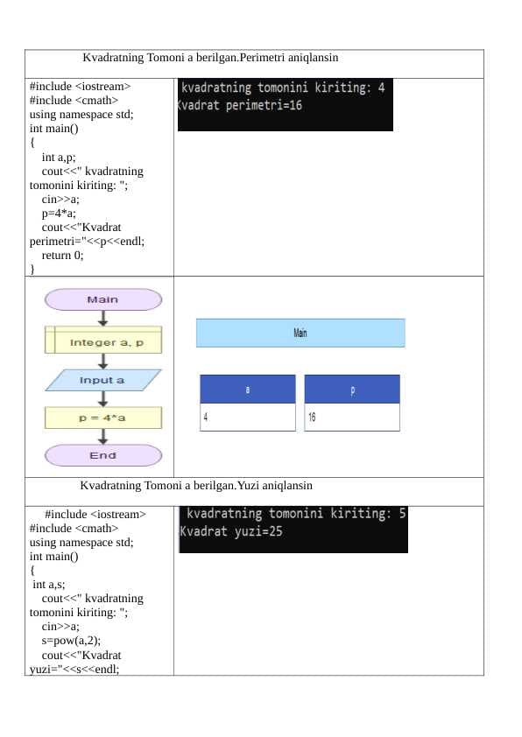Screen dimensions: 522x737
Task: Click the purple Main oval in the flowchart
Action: click(x=103, y=299)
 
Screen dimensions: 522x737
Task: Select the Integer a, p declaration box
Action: click(x=103, y=340)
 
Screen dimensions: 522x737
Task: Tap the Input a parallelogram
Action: click(x=103, y=380)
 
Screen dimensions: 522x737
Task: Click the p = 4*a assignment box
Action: click(x=103, y=418)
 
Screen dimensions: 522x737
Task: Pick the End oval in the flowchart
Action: click(x=103, y=455)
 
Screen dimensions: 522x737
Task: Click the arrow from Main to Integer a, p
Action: click(x=103, y=319)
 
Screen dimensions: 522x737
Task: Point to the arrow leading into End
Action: click(x=103, y=436)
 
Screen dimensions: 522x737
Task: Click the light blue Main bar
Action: click(x=300, y=333)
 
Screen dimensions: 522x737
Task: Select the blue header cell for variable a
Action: click(x=248, y=389)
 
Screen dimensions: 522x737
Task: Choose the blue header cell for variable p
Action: click(x=352, y=389)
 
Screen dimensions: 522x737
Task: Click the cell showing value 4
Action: click(x=248, y=417)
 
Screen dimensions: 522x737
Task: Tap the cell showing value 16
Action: click(x=352, y=417)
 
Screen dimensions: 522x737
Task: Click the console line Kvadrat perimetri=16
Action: click(x=240, y=105)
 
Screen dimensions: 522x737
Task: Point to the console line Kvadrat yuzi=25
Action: click(x=231, y=531)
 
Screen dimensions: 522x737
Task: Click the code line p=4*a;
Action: click(x=59, y=214)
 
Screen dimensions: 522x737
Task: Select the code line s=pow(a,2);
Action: click(x=71, y=641)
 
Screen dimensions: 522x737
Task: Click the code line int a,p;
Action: click(x=59, y=157)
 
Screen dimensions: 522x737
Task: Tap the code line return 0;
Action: click(x=62, y=256)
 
